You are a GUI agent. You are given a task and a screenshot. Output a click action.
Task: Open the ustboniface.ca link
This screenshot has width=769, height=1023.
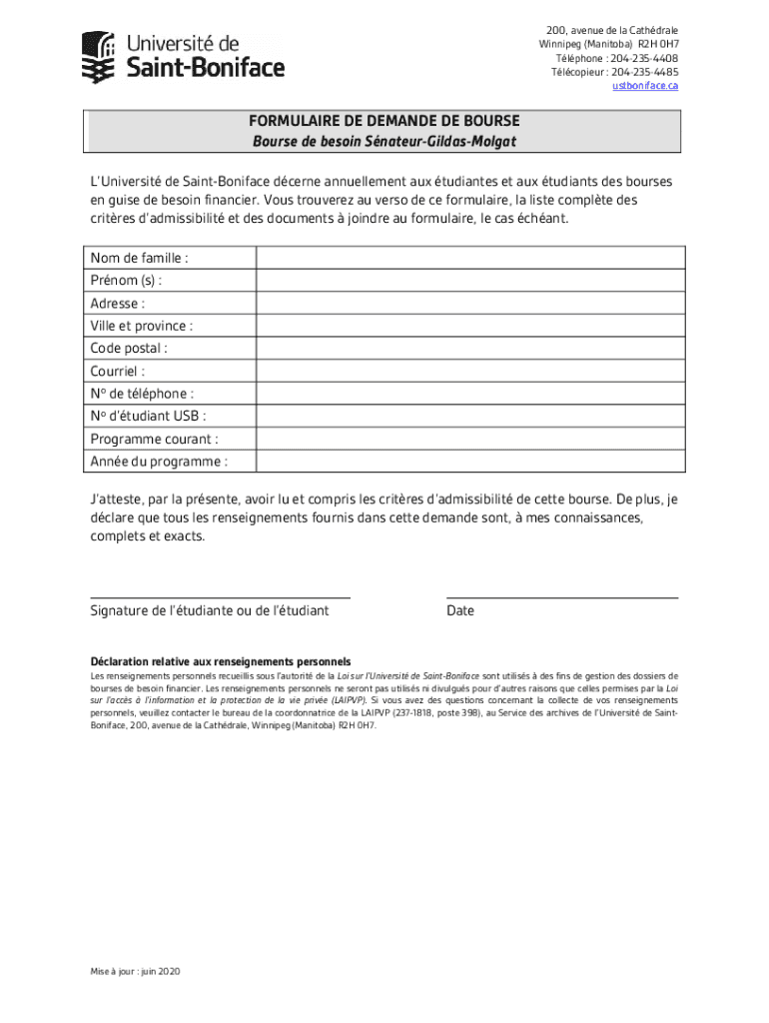coord(645,86)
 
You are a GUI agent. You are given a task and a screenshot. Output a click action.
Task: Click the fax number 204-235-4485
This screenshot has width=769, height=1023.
coord(644,72)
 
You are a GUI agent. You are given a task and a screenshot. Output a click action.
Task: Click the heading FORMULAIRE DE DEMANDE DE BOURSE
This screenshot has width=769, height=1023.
coord(384,122)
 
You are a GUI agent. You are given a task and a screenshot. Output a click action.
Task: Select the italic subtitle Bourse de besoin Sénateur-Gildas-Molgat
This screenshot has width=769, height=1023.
coord(384,142)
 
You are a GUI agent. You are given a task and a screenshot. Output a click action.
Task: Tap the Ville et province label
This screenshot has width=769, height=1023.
coord(141,326)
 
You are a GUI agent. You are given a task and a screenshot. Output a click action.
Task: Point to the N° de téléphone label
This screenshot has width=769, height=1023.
coord(142,394)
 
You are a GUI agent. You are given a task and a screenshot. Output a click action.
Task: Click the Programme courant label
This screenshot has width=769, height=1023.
coord(154,440)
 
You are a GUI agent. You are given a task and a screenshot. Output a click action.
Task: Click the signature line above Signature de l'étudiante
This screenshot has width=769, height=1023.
coord(220,596)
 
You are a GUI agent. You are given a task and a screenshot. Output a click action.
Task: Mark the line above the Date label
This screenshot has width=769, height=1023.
coord(562,596)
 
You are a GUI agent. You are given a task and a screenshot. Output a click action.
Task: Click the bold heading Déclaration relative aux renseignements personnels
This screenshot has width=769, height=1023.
coord(220,661)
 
